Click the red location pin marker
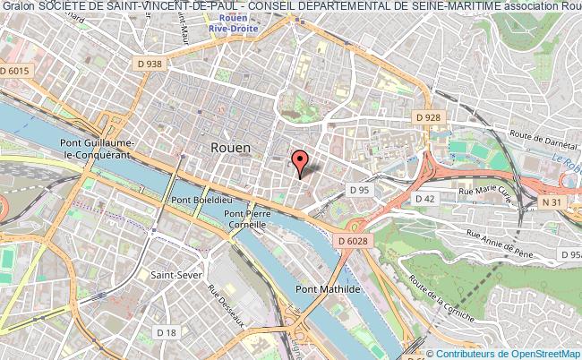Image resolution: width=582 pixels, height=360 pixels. click(x=300, y=161)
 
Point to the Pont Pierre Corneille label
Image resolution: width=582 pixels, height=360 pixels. click(x=246, y=219)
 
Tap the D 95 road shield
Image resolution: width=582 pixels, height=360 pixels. click(x=360, y=190)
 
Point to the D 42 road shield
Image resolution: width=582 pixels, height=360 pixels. click(x=425, y=197)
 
